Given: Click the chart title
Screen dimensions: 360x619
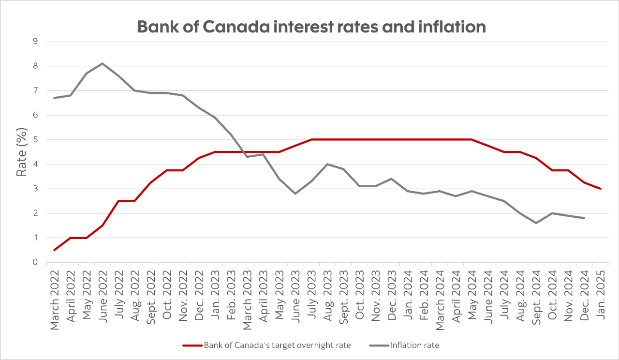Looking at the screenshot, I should [311, 27].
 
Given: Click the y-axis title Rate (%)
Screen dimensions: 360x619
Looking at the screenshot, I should [22, 151].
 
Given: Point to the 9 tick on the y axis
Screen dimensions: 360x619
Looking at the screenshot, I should [35, 42].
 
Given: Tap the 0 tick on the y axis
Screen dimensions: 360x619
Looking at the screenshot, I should [35, 262].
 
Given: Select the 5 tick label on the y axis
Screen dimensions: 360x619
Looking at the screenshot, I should [35, 140].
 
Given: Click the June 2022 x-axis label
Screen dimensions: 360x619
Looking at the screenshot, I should [103, 300].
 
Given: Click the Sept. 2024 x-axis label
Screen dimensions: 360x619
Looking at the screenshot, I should [537, 300].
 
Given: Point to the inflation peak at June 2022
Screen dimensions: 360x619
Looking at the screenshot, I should [103, 63].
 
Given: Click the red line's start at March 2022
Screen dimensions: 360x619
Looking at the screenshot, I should [55, 250].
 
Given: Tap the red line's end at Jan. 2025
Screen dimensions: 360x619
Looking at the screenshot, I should [601, 189].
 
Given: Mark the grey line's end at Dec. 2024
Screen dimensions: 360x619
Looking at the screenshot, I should [585, 218].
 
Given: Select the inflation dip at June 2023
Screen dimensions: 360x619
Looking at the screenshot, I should [295, 194].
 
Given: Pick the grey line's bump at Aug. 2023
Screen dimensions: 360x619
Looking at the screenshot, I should [327, 164].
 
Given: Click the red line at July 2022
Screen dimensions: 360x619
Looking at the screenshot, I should [118, 201].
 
